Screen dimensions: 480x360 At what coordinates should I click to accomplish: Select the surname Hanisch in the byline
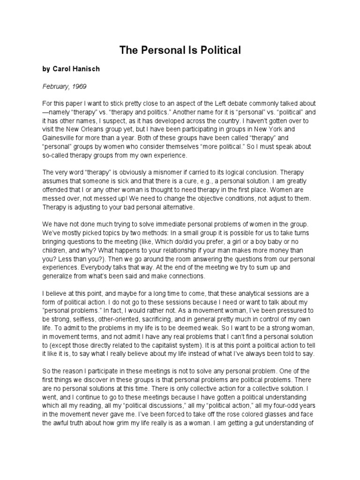(86, 69)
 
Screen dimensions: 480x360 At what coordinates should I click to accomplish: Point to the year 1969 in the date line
(78, 86)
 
